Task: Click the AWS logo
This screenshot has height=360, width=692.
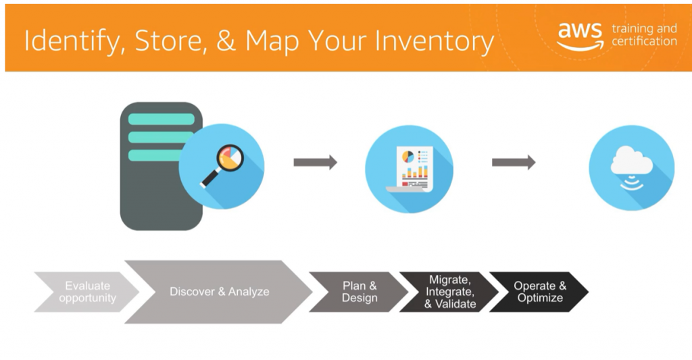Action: click(x=580, y=36)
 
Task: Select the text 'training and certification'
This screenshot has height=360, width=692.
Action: click(x=643, y=35)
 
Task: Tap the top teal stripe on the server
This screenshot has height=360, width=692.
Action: click(x=161, y=120)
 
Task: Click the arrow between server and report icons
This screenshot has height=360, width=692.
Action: click(x=315, y=162)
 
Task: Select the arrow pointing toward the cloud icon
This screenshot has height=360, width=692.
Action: click(x=513, y=162)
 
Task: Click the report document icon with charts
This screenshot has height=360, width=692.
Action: click(x=410, y=169)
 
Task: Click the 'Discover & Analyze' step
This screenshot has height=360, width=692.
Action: click(x=219, y=292)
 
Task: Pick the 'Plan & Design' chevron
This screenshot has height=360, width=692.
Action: click(x=359, y=292)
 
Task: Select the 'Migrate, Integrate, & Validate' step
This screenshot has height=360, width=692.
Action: click(x=449, y=292)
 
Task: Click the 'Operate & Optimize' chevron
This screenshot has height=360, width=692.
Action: click(x=539, y=292)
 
